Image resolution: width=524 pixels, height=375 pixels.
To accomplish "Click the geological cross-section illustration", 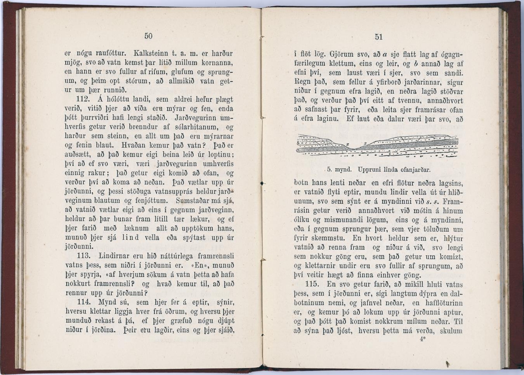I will (x=377, y=146).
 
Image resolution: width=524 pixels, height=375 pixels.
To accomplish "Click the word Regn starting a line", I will (x=303, y=81).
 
